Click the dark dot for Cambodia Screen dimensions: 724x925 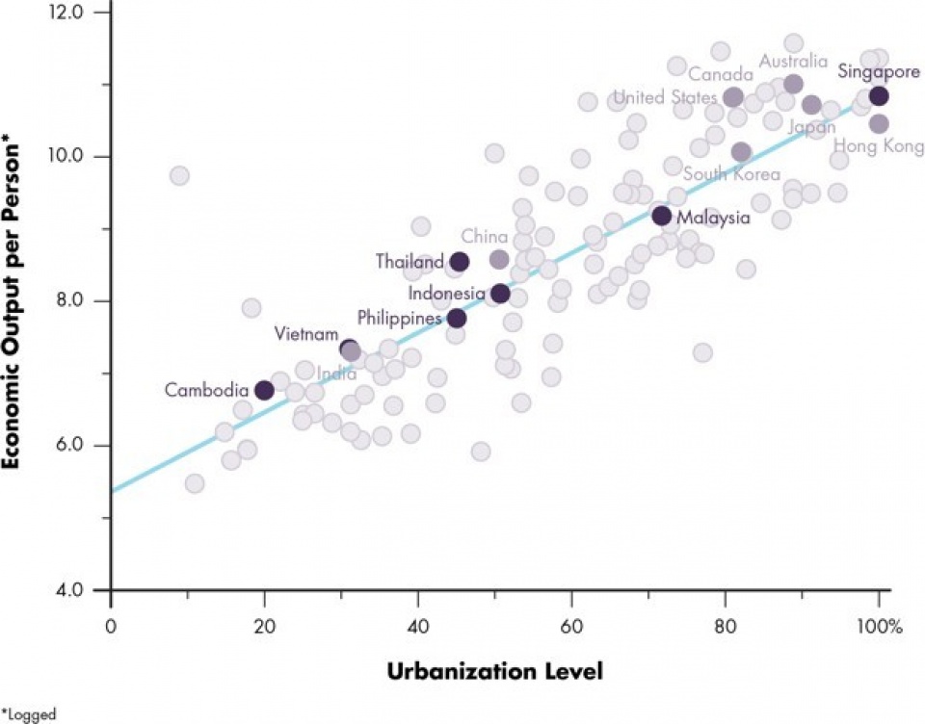coord(264,390)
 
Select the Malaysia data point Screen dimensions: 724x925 coord(661,216)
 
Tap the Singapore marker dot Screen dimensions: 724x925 coord(879,95)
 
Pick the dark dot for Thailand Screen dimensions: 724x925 coord(460,261)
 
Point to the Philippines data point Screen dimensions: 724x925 coord(457,318)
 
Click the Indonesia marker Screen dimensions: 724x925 coord(500,293)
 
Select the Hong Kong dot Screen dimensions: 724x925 coord(879,123)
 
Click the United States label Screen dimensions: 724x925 coord(666,97)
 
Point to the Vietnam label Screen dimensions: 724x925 coord(305,334)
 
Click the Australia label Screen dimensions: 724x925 coord(793,62)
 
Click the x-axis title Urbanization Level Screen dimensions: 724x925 coord(495,671)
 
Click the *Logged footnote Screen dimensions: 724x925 coord(29,714)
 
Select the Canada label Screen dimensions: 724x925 coord(721,75)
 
